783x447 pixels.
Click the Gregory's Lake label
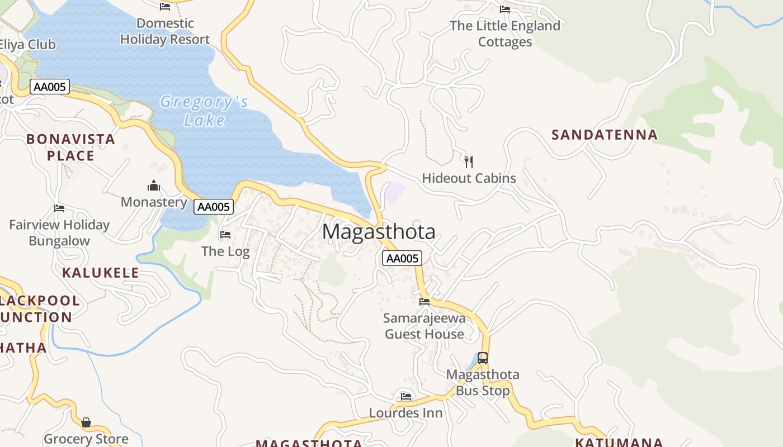pyautogui.click(x=204, y=111)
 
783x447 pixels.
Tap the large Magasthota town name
pyautogui.click(x=379, y=231)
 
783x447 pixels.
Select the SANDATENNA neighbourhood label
pyautogui.click(x=605, y=135)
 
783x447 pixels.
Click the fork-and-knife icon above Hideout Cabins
pyautogui.click(x=469, y=162)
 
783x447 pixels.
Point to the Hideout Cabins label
pyautogui.click(x=469, y=178)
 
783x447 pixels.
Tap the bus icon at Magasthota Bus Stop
pyautogui.click(x=482, y=358)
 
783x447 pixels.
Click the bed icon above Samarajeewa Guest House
pyautogui.click(x=424, y=302)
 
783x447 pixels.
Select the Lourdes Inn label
pyautogui.click(x=405, y=413)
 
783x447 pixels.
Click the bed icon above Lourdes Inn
pyautogui.click(x=406, y=397)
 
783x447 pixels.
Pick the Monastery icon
pyautogui.click(x=154, y=186)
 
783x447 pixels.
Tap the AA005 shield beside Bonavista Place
pyautogui.click(x=50, y=87)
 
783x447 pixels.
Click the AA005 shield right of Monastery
pyautogui.click(x=214, y=207)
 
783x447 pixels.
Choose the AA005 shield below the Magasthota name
pyautogui.click(x=402, y=258)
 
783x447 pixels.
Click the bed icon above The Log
pyautogui.click(x=225, y=235)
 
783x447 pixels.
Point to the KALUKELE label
pyautogui.click(x=100, y=273)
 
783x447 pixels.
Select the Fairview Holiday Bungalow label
pyautogui.click(x=59, y=233)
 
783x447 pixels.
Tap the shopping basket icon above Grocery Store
pyautogui.click(x=86, y=422)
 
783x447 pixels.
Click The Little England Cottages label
pyautogui.click(x=504, y=34)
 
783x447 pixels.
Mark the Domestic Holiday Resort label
pyautogui.click(x=165, y=31)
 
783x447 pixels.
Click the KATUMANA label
pyautogui.click(x=619, y=442)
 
